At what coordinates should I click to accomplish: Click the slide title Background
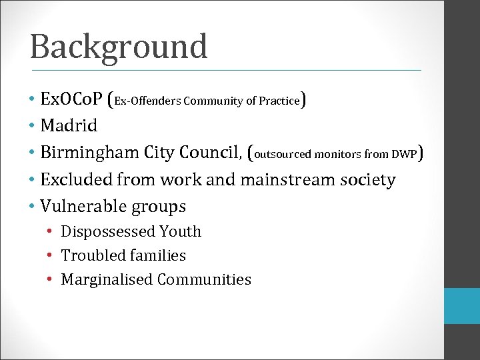coord(119,47)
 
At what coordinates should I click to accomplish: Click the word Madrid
coord(69,125)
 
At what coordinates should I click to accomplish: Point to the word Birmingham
coord(89,153)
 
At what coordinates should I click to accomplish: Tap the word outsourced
coord(283,155)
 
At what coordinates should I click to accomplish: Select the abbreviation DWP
coord(404,155)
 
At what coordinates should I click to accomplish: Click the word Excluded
coord(76,180)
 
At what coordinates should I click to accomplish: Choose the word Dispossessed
coord(107,232)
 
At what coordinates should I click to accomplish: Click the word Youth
coord(180,231)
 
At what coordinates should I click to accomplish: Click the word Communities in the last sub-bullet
coord(204,279)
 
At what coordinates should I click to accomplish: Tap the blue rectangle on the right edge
coord(462,306)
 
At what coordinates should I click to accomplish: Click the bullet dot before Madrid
coord(32,125)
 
